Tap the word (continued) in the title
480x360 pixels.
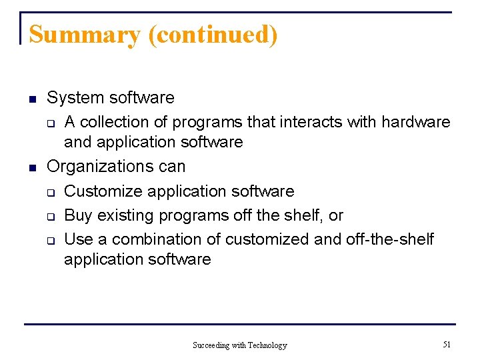pos(213,35)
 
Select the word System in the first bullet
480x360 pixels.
pos(75,98)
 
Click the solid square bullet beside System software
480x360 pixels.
pos(31,99)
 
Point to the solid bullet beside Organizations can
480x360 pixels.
pos(31,167)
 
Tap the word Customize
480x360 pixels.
pos(103,191)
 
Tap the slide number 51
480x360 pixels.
pos(447,344)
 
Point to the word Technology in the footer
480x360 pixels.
pos(267,345)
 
